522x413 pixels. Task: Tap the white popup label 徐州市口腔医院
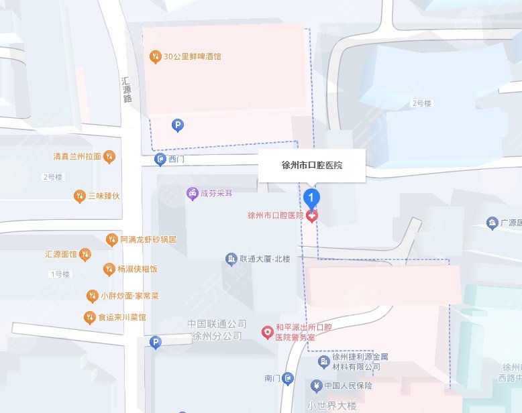311,165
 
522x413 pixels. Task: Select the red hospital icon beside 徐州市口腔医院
312,216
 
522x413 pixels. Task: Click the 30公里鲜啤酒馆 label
191,56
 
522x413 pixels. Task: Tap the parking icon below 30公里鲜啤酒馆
178,125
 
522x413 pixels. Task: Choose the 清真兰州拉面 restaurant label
77,157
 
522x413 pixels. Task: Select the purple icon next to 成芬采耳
192,193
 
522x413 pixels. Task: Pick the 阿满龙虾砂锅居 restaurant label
148,239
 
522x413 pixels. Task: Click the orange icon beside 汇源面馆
85,254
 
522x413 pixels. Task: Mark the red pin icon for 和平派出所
267,332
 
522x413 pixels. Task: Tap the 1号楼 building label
60,274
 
